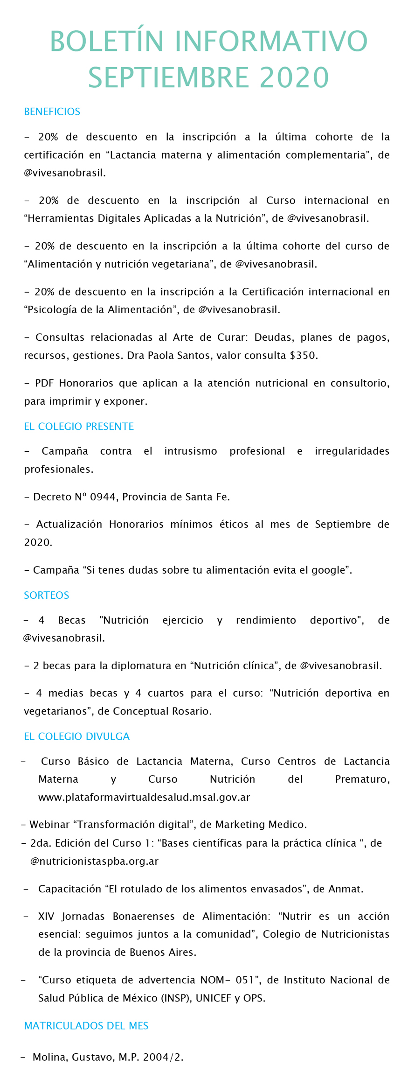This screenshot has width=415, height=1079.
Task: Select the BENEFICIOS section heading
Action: (x=52, y=112)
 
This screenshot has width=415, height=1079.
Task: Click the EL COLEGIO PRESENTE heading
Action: (x=79, y=426)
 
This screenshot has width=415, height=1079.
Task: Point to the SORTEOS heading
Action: (x=46, y=595)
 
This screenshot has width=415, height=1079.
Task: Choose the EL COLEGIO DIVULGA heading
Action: (x=76, y=736)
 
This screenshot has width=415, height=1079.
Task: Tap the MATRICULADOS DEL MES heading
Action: (x=86, y=1025)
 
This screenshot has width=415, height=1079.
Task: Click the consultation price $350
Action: (x=303, y=355)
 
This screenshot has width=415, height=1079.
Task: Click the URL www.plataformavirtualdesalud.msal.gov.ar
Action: (x=144, y=797)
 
